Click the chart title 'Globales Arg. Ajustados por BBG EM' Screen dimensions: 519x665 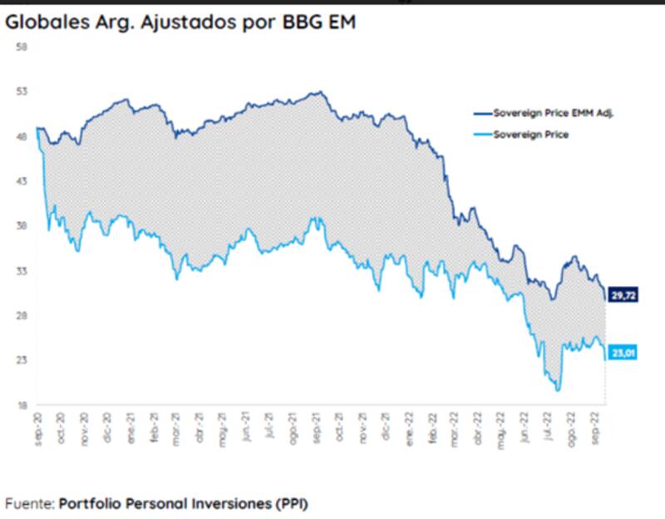point(180,22)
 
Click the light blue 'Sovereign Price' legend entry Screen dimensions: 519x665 point(531,134)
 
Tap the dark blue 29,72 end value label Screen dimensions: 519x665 point(623,295)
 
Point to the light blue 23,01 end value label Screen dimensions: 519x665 point(623,353)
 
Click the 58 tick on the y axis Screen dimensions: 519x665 point(23,47)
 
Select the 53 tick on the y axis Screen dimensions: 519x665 point(23,91)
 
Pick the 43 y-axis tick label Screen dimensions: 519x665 point(23,181)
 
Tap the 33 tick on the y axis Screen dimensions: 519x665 point(23,271)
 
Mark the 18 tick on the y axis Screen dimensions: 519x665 point(23,405)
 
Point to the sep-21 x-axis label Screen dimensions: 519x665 point(316,426)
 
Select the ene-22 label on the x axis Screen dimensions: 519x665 point(409,426)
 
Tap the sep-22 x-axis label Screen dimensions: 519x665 point(596,426)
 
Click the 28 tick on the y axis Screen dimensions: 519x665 point(23,315)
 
